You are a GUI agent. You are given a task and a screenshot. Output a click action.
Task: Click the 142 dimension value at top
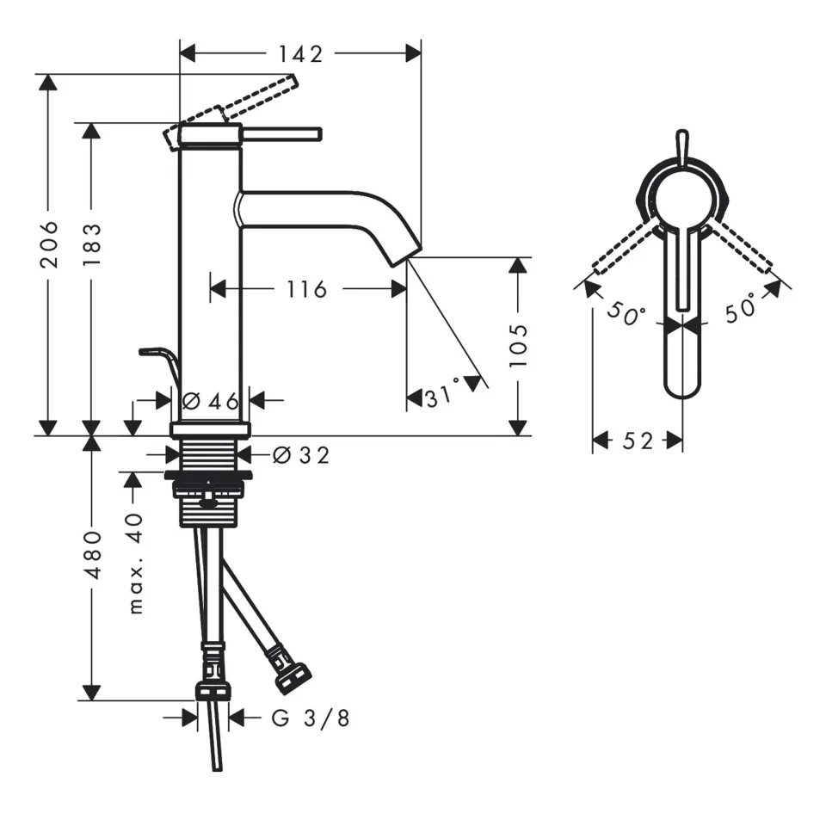point(300,53)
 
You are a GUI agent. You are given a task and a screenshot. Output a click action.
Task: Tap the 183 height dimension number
point(92,243)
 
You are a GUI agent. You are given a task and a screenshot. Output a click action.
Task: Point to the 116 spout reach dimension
point(307,289)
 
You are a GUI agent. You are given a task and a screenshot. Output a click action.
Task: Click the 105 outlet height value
point(518,344)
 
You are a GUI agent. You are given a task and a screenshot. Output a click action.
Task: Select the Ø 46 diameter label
point(210,400)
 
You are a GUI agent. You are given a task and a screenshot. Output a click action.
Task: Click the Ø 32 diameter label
point(300,454)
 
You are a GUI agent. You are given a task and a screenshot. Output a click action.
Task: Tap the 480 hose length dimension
point(92,554)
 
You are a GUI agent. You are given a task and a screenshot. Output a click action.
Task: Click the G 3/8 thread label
point(311,718)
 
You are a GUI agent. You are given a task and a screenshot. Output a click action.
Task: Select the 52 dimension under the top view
point(638,441)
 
